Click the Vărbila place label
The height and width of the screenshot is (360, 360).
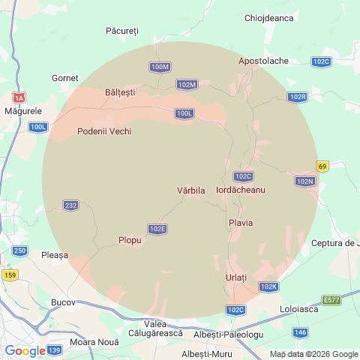(x=190, y=190)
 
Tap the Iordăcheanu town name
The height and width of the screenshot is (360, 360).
(x=241, y=190)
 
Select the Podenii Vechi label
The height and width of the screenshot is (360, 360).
(x=104, y=131)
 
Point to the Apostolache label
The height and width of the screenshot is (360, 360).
(x=263, y=61)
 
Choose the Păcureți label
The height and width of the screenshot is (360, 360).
(x=123, y=31)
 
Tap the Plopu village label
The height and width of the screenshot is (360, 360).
(x=130, y=240)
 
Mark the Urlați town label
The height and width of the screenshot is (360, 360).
(x=236, y=277)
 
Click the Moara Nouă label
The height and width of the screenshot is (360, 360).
(x=88, y=342)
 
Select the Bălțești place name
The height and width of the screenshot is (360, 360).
(x=121, y=92)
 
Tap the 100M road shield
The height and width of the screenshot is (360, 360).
(x=160, y=67)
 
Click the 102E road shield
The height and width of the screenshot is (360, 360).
(x=157, y=229)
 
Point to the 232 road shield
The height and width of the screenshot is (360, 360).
(x=70, y=205)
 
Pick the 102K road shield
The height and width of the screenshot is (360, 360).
(x=268, y=286)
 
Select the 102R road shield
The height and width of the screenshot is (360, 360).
(x=298, y=97)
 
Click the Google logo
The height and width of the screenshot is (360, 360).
(x=24, y=350)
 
